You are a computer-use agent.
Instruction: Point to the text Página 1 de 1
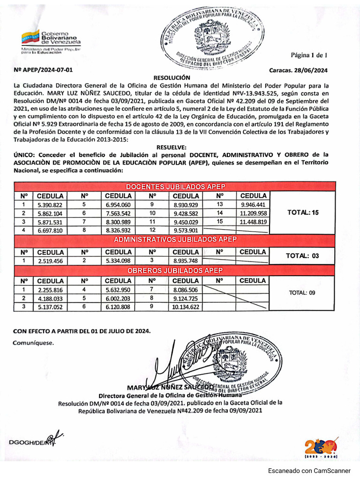(x=308, y=55)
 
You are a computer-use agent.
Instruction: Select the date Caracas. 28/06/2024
(x=298, y=71)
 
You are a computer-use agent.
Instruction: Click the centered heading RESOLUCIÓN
(x=172, y=77)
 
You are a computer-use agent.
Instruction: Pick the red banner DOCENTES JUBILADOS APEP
(x=175, y=187)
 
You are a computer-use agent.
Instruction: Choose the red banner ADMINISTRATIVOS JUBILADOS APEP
(x=175, y=240)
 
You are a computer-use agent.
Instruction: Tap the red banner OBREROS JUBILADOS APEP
(x=175, y=271)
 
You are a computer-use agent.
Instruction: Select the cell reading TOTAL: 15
(x=303, y=213)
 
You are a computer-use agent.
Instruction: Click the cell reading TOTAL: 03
(x=303, y=255)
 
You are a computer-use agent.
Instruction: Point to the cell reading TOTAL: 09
(x=303, y=293)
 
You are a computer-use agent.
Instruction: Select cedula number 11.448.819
(x=253, y=222)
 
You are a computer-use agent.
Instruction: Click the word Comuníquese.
(x=33, y=343)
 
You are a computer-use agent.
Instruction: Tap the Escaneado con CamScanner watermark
(x=309, y=471)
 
